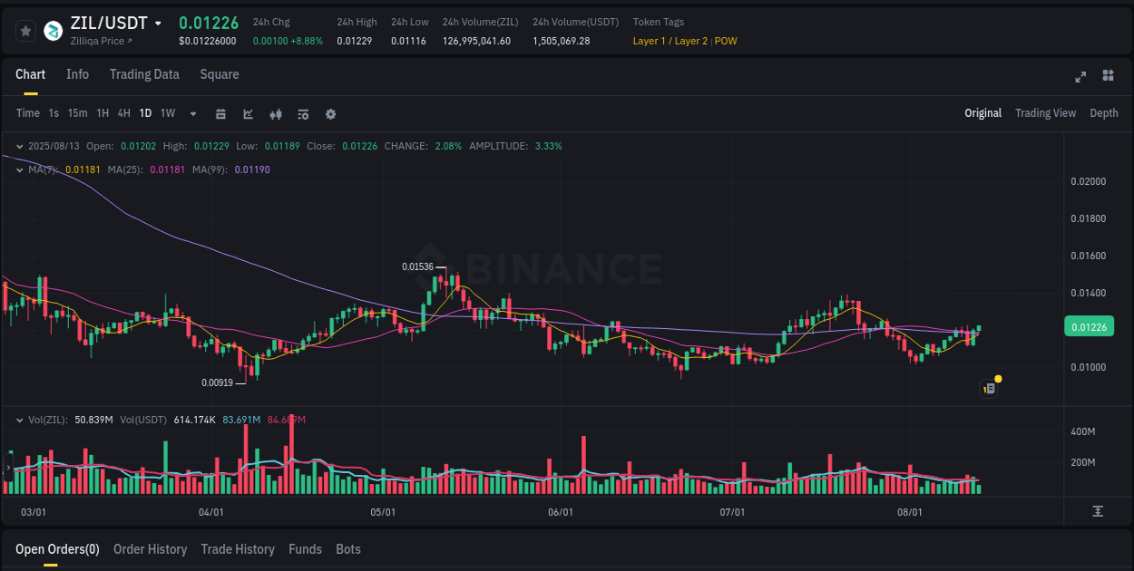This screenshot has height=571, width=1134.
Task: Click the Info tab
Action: [x=77, y=74]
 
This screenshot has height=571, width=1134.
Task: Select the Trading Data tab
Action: [x=144, y=74]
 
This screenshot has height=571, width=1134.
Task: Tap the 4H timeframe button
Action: [x=123, y=113]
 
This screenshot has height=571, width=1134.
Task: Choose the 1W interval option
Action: [x=168, y=113]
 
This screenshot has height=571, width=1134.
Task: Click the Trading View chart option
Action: [x=1045, y=113]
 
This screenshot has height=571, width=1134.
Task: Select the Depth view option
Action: [x=1103, y=113]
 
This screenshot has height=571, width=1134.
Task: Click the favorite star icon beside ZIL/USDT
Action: [x=25, y=31]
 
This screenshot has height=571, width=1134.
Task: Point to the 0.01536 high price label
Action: [x=418, y=267]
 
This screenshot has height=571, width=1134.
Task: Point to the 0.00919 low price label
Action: [x=218, y=382]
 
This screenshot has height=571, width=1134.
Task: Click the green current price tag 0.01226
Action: [x=1088, y=327]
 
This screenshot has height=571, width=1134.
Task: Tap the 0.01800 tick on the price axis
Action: [x=1088, y=218]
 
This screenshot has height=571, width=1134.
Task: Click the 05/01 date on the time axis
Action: [x=383, y=512]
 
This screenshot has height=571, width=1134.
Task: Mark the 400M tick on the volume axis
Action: [x=1083, y=431]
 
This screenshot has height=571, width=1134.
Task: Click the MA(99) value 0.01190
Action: [x=252, y=169]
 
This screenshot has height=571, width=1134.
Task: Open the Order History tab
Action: [x=150, y=549]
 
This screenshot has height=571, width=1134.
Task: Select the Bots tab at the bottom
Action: [x=347, y=549]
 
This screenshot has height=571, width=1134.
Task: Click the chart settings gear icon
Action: [x=330, y=114]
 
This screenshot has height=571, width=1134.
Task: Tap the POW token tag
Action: [x=726, y=41]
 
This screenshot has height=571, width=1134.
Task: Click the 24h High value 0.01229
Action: [x=354, y=41]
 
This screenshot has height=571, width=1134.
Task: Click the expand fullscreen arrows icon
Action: [x=1080, y=76]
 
